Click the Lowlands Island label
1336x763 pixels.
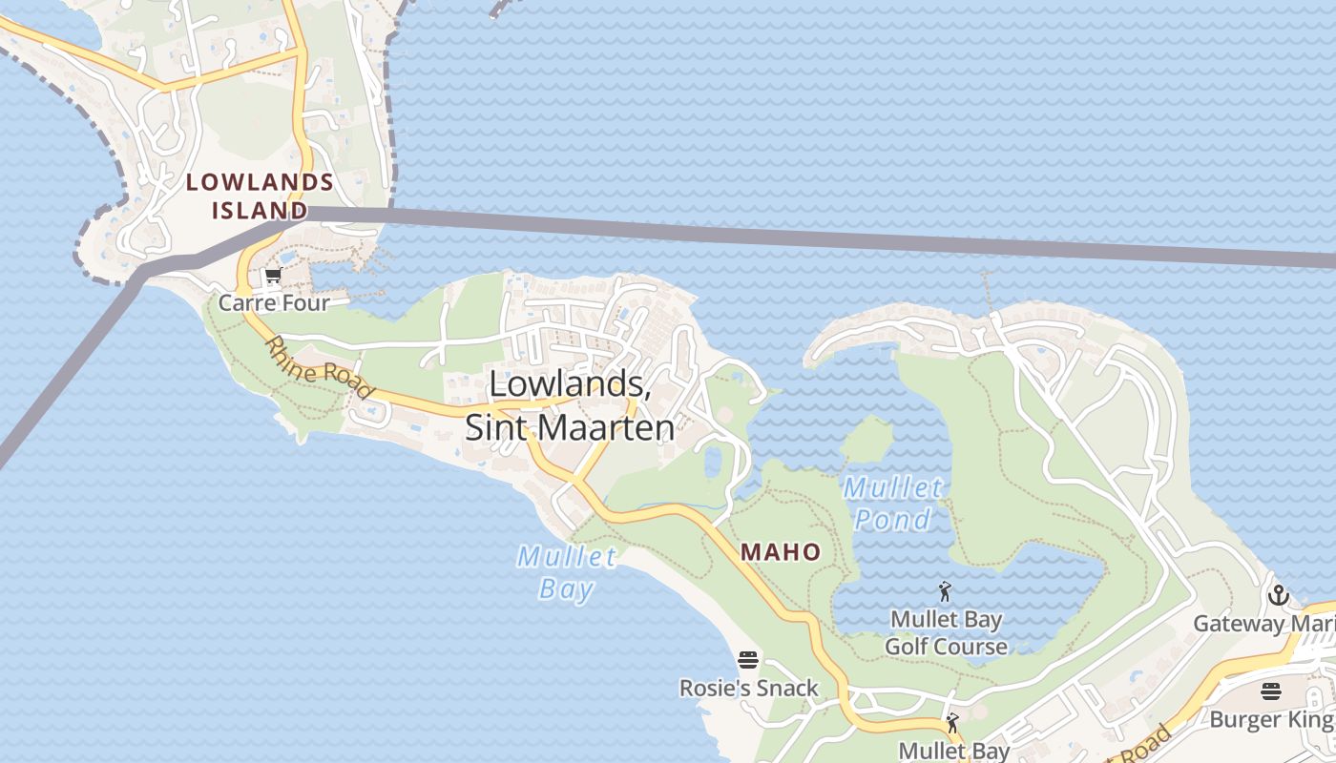point(260,196)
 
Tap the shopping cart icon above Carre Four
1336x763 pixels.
point(273,278)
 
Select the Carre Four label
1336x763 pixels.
point(274,303)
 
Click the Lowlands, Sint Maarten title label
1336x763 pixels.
point(571,405)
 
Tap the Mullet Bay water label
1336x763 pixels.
point(567,571)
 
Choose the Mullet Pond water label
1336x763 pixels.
point(892,504)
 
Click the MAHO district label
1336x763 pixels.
point(781,551)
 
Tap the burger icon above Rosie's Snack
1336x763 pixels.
point(748,660)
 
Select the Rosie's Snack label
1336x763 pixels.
point(749,688)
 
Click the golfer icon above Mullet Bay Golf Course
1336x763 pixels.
point(945,592)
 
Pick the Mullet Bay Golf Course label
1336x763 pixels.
point(946,633)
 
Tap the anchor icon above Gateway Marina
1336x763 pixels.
point(1278,597)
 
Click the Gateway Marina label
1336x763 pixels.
point(1264,624)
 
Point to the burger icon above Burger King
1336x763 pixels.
point(1270,691)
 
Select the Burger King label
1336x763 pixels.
point(1270,718)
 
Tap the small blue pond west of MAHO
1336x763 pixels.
point(713,462)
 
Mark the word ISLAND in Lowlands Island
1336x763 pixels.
point(260,210)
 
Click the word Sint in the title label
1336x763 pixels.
point(497,427)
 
